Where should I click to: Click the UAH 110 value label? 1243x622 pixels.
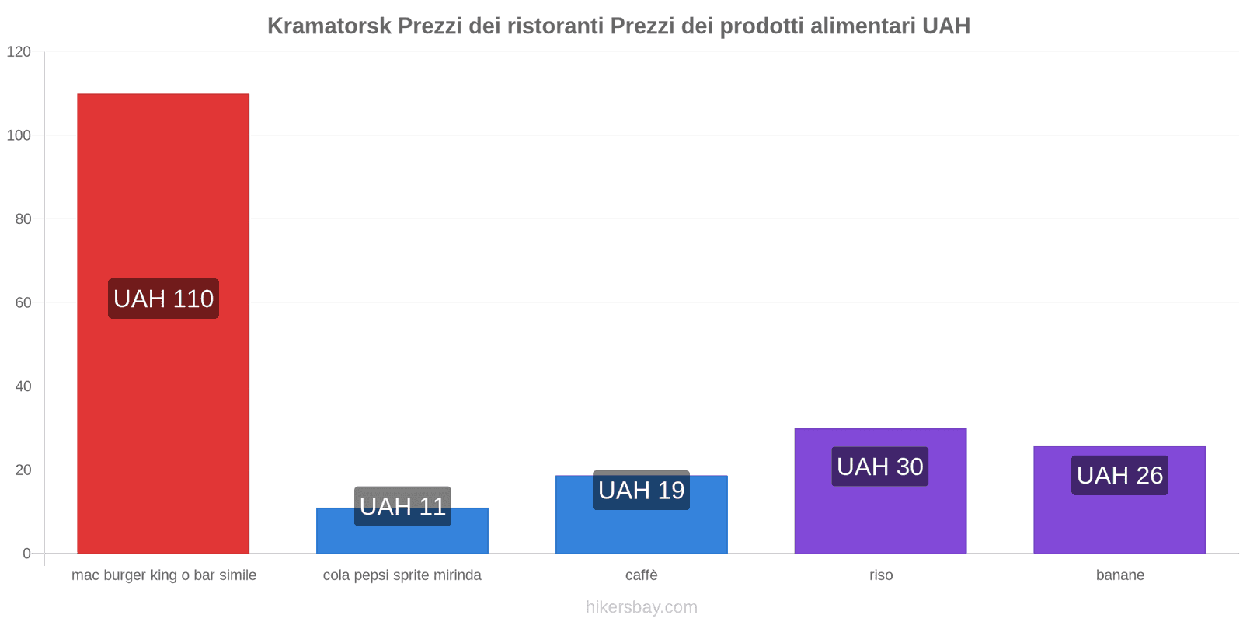(163, 299)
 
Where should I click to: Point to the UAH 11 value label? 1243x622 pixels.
(402, 506)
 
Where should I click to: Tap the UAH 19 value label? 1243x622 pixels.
(641, 490)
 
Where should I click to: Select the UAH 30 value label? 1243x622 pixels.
(880, 466)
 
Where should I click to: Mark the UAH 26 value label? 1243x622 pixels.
(1119, 475)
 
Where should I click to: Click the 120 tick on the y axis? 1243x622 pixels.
(19, 52)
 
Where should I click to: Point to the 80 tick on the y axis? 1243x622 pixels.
(23, 219)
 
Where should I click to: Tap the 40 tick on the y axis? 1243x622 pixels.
(23, 386)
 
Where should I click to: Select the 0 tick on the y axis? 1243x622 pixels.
(26, 554)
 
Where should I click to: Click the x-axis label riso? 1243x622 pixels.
(881, 575)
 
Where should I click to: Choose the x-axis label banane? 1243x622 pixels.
(1119, 575)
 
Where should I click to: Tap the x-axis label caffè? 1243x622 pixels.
(641, 575)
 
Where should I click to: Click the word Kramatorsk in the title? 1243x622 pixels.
(329, 26)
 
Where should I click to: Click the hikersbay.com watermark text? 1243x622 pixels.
(641, 607)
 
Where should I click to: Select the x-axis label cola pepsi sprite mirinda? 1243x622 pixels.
(402, 575)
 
